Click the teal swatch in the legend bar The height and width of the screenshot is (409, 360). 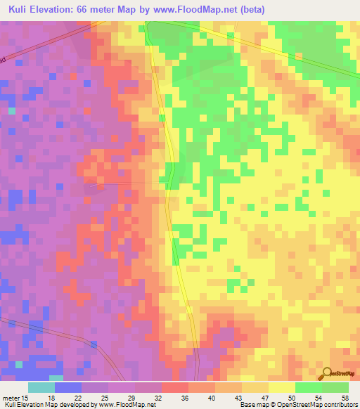[x=41, y=387]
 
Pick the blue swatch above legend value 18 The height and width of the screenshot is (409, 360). [x=68, y=387]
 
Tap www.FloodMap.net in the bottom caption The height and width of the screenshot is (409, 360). [x=128, y=405]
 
